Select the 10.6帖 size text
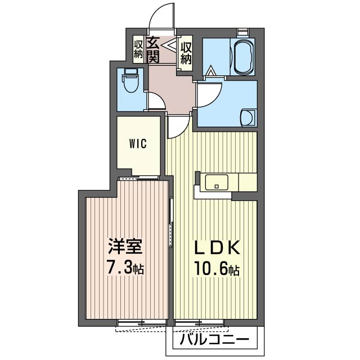tap(218, 269)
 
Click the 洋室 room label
tap(125, 247)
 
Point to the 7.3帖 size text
tap(125, 268)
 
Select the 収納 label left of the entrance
tap(138, 49)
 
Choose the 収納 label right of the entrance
tap(186, 51)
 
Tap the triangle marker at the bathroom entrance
tap(211, 71)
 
